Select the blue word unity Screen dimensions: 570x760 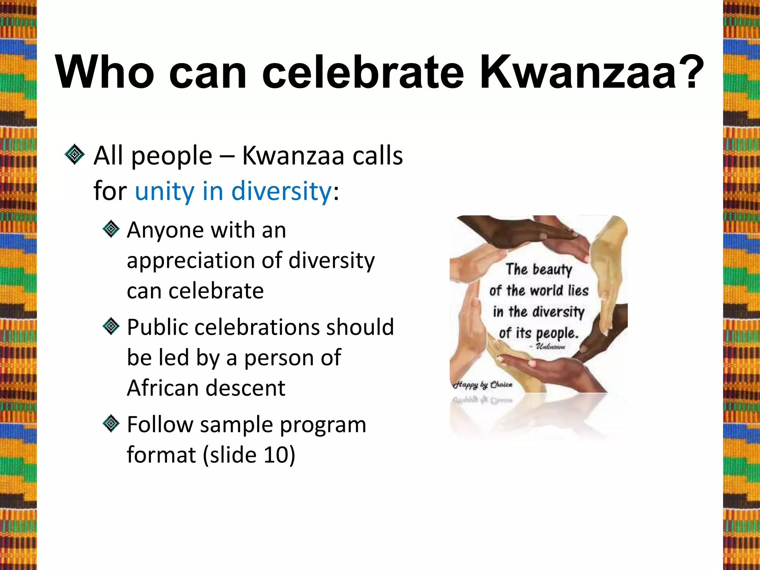pyautogui.click(x=164, y=191)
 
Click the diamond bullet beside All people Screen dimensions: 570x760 pyautogui.click(x=75, y=154)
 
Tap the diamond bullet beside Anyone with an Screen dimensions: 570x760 pyautogui.click(x=111, y=229)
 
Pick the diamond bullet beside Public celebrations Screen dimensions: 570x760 pyautogui.click(x=111, y=327)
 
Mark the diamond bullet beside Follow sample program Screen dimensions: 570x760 pyautogui.click(x=111, y=424)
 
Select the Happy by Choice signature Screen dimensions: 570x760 pyautogui.click(x=483, y=384)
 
